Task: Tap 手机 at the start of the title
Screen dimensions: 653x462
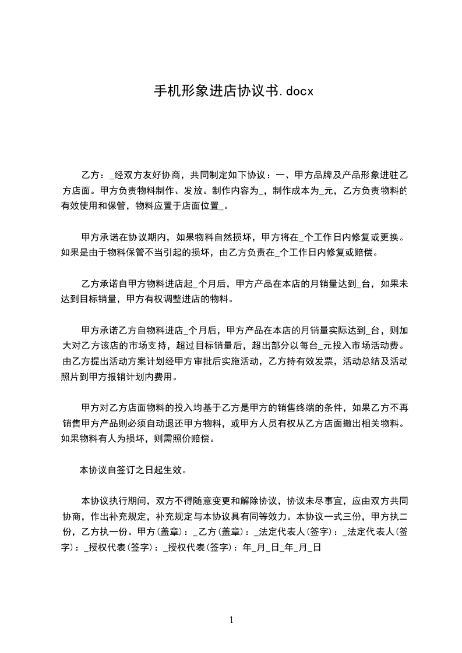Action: click(164, 91)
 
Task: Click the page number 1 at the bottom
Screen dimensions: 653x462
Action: click(231, 620)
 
